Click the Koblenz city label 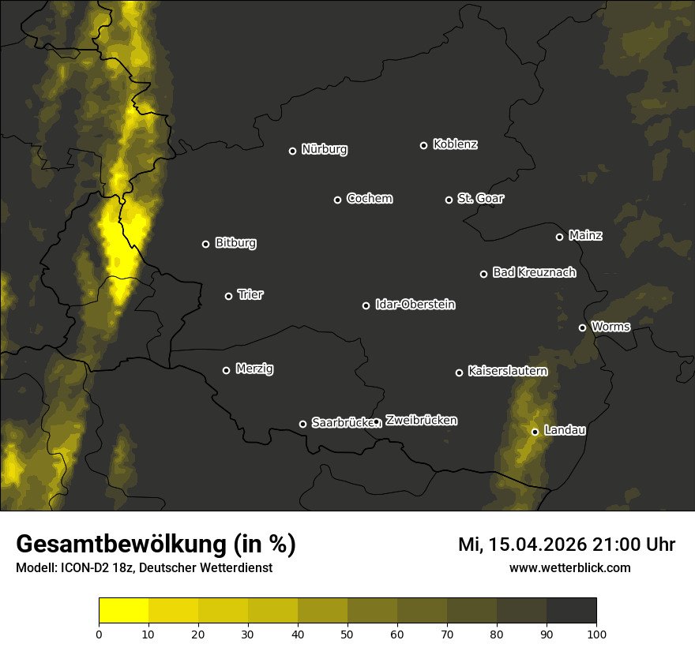click(455, 144)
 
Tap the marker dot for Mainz click(559, 237)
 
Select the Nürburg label click(324, 149)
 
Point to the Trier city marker click(229, 296)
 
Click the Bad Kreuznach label click(534, 272)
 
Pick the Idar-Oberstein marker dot click(366, 305)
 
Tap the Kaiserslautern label click(507, 371)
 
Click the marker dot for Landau click(535, 432)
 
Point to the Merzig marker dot click(226, 370)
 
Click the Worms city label click(610, 326)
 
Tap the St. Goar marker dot click(449, 200)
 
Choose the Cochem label click(369, 198)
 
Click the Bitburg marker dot click(205, 244)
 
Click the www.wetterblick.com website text click(569, 567)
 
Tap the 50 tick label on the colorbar click(347, 633)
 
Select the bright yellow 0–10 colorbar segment click(123, 610)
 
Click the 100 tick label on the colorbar click(596, 633)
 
